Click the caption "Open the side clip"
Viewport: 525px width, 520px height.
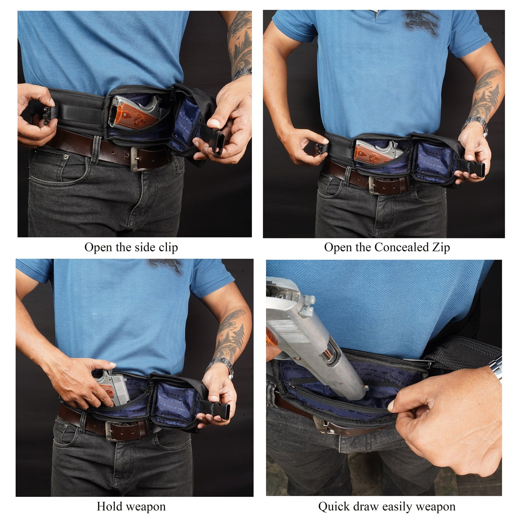(x=131, y=247)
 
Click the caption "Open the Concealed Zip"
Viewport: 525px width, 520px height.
(x=387, y=247)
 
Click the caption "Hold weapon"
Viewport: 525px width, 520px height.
(x=131, y=506)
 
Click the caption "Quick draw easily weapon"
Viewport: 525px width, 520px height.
(x=387, y=506)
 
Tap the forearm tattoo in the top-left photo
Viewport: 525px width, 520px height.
(x=240, y=40)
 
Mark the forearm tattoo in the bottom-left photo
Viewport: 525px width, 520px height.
(x=229, y=334)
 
